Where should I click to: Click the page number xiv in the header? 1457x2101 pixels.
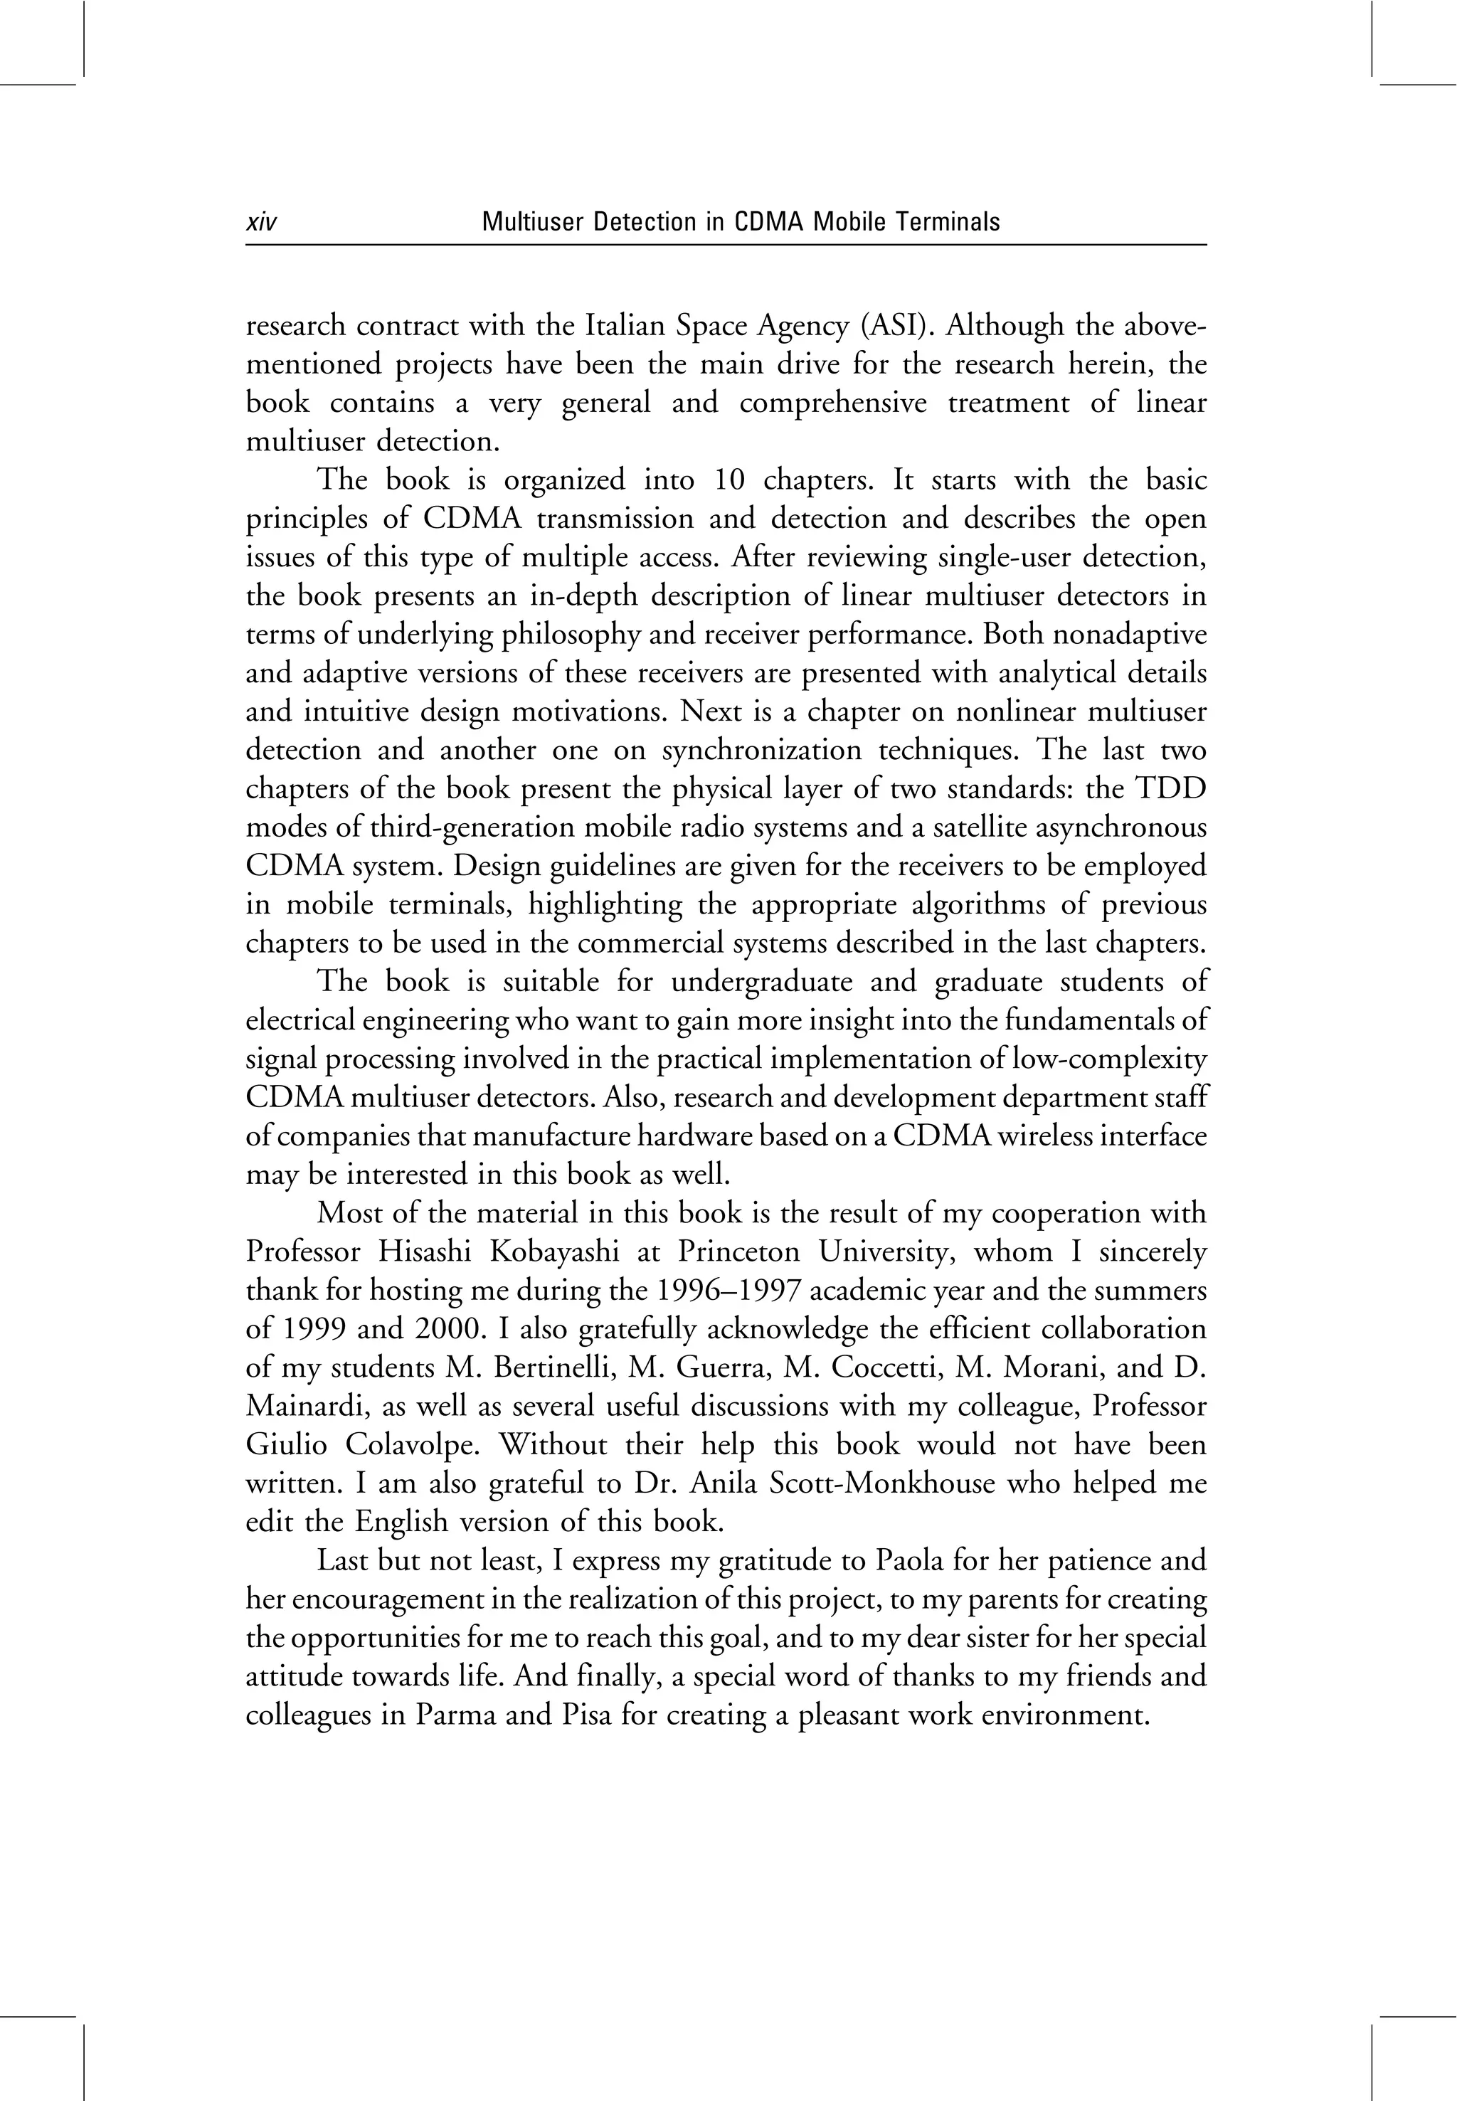(261, 222)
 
